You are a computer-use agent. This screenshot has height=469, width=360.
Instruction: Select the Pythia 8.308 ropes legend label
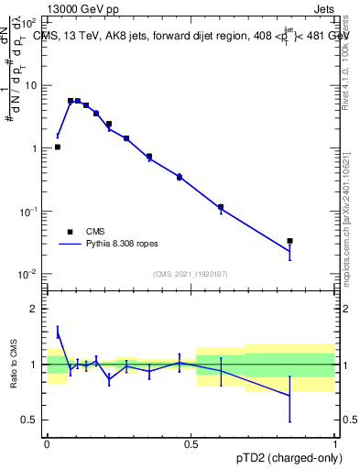(123, 245)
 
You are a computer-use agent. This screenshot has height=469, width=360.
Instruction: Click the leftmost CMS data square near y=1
(57, 147)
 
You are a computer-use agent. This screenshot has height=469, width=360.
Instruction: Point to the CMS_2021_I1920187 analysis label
(190, 274)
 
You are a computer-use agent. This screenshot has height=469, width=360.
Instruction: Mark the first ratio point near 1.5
(57, 332)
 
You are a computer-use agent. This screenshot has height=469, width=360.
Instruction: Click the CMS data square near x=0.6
(221, 207)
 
